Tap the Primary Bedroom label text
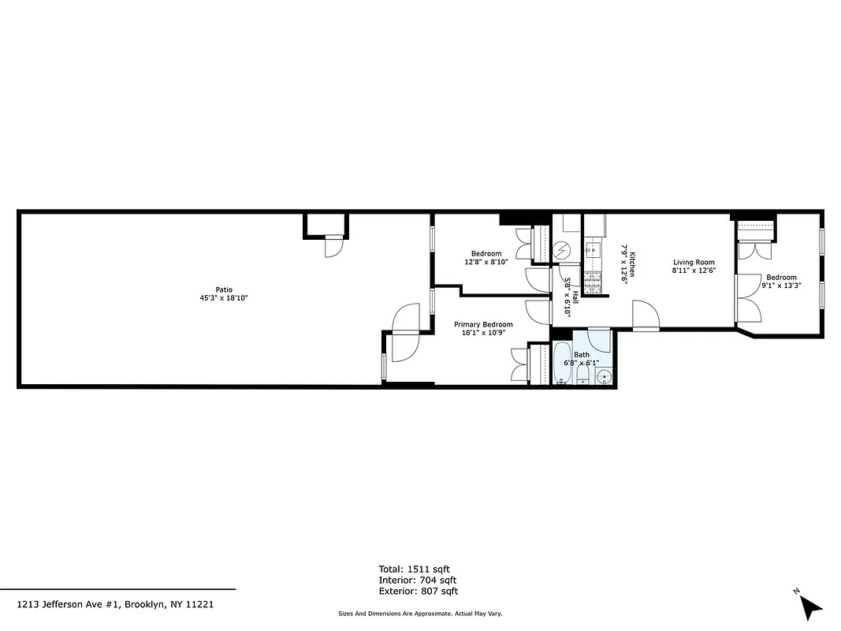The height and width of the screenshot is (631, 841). point(483,324)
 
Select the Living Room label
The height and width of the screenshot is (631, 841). point(694,262)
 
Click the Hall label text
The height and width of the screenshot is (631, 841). point(575,297)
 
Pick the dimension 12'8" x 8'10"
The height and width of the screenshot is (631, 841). point(486,262)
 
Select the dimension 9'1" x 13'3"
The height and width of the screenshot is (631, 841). point(782,286)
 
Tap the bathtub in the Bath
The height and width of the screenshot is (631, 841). point(562,363)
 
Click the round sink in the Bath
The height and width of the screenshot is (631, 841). point(603,378)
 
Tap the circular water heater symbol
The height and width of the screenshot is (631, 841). point(562,251)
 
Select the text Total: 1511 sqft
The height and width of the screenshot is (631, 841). point(414,569)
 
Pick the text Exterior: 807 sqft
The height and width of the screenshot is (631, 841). point(418,591)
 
